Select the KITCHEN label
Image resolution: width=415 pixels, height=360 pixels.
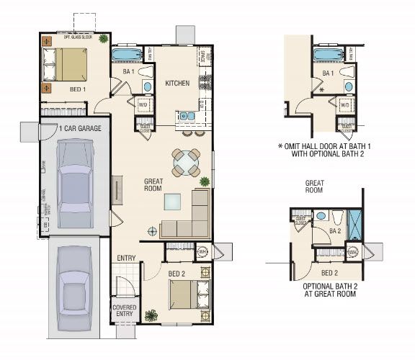177,84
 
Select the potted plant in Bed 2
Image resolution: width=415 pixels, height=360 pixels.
151,315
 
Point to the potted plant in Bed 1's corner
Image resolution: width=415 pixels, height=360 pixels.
104,38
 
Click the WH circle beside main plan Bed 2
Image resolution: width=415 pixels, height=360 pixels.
202,252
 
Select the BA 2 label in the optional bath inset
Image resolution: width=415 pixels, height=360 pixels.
334,232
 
